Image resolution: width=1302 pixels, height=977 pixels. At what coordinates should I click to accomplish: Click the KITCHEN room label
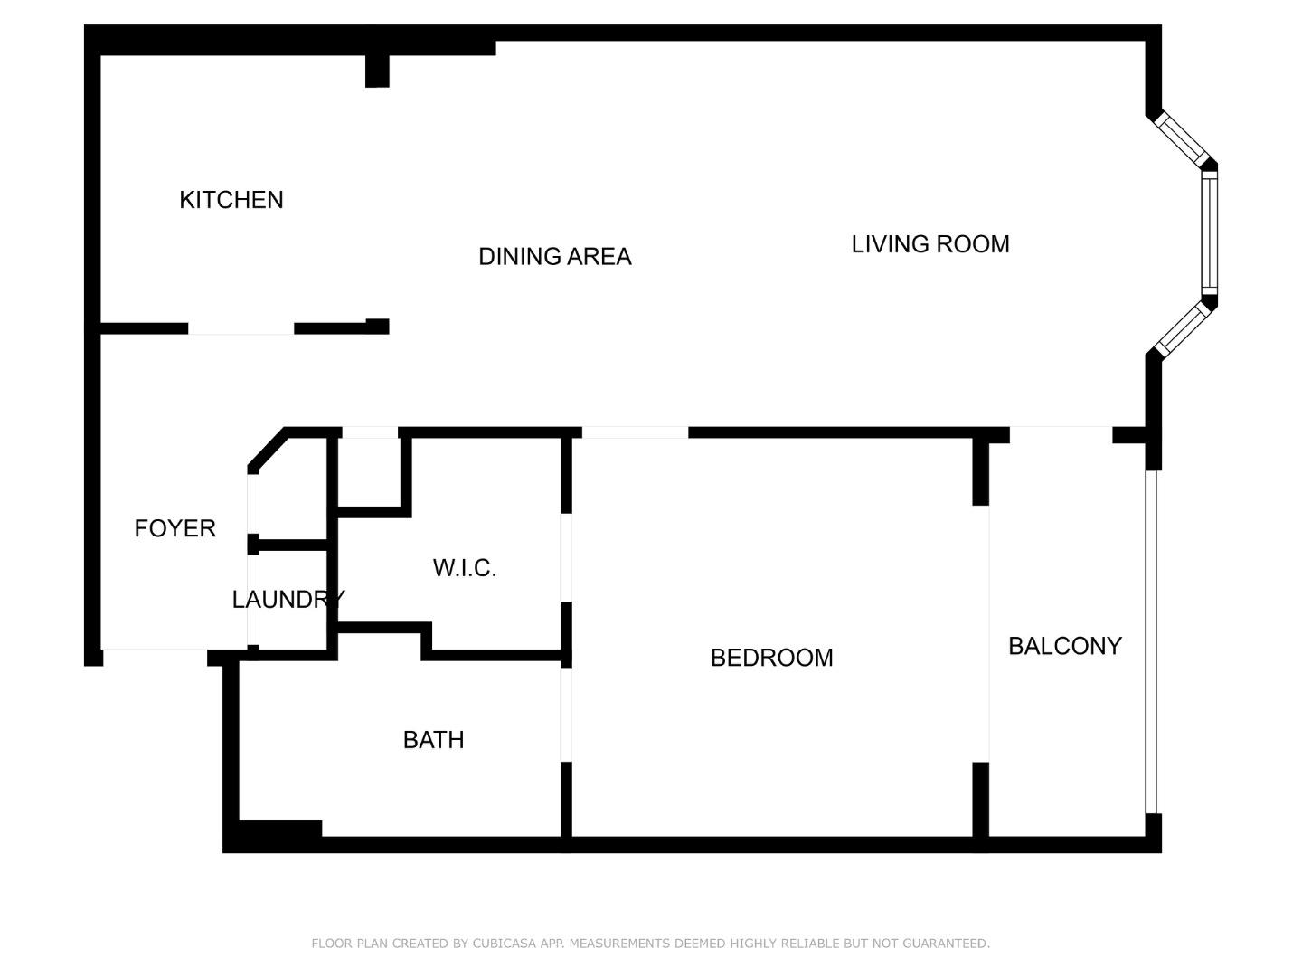point(231,200)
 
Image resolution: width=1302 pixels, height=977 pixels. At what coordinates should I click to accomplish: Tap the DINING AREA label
point(554,257)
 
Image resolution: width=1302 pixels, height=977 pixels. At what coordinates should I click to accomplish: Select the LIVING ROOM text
point(929,244)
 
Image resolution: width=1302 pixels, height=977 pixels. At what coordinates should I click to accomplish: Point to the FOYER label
point(175,528)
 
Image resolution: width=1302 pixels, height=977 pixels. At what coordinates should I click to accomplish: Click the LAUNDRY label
point(288,600)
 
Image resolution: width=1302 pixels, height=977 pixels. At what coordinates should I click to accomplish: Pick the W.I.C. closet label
point(464,568)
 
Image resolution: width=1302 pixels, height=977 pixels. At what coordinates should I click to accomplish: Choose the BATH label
point(433,740)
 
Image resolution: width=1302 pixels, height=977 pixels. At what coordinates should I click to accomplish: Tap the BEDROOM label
point(771,658)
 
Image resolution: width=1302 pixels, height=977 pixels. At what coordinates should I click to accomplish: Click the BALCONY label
point(1064,646)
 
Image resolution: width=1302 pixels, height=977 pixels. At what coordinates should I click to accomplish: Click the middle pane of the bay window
point(1209,232)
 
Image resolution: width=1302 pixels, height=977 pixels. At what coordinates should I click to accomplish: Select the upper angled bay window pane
point(1182,138)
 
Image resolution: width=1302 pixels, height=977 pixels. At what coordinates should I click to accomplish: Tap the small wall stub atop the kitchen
point(377,71)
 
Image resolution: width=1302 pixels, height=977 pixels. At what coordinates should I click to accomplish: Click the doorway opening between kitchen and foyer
point(241,329)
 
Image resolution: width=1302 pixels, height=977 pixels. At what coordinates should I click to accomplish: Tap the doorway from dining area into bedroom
point(634,432)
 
